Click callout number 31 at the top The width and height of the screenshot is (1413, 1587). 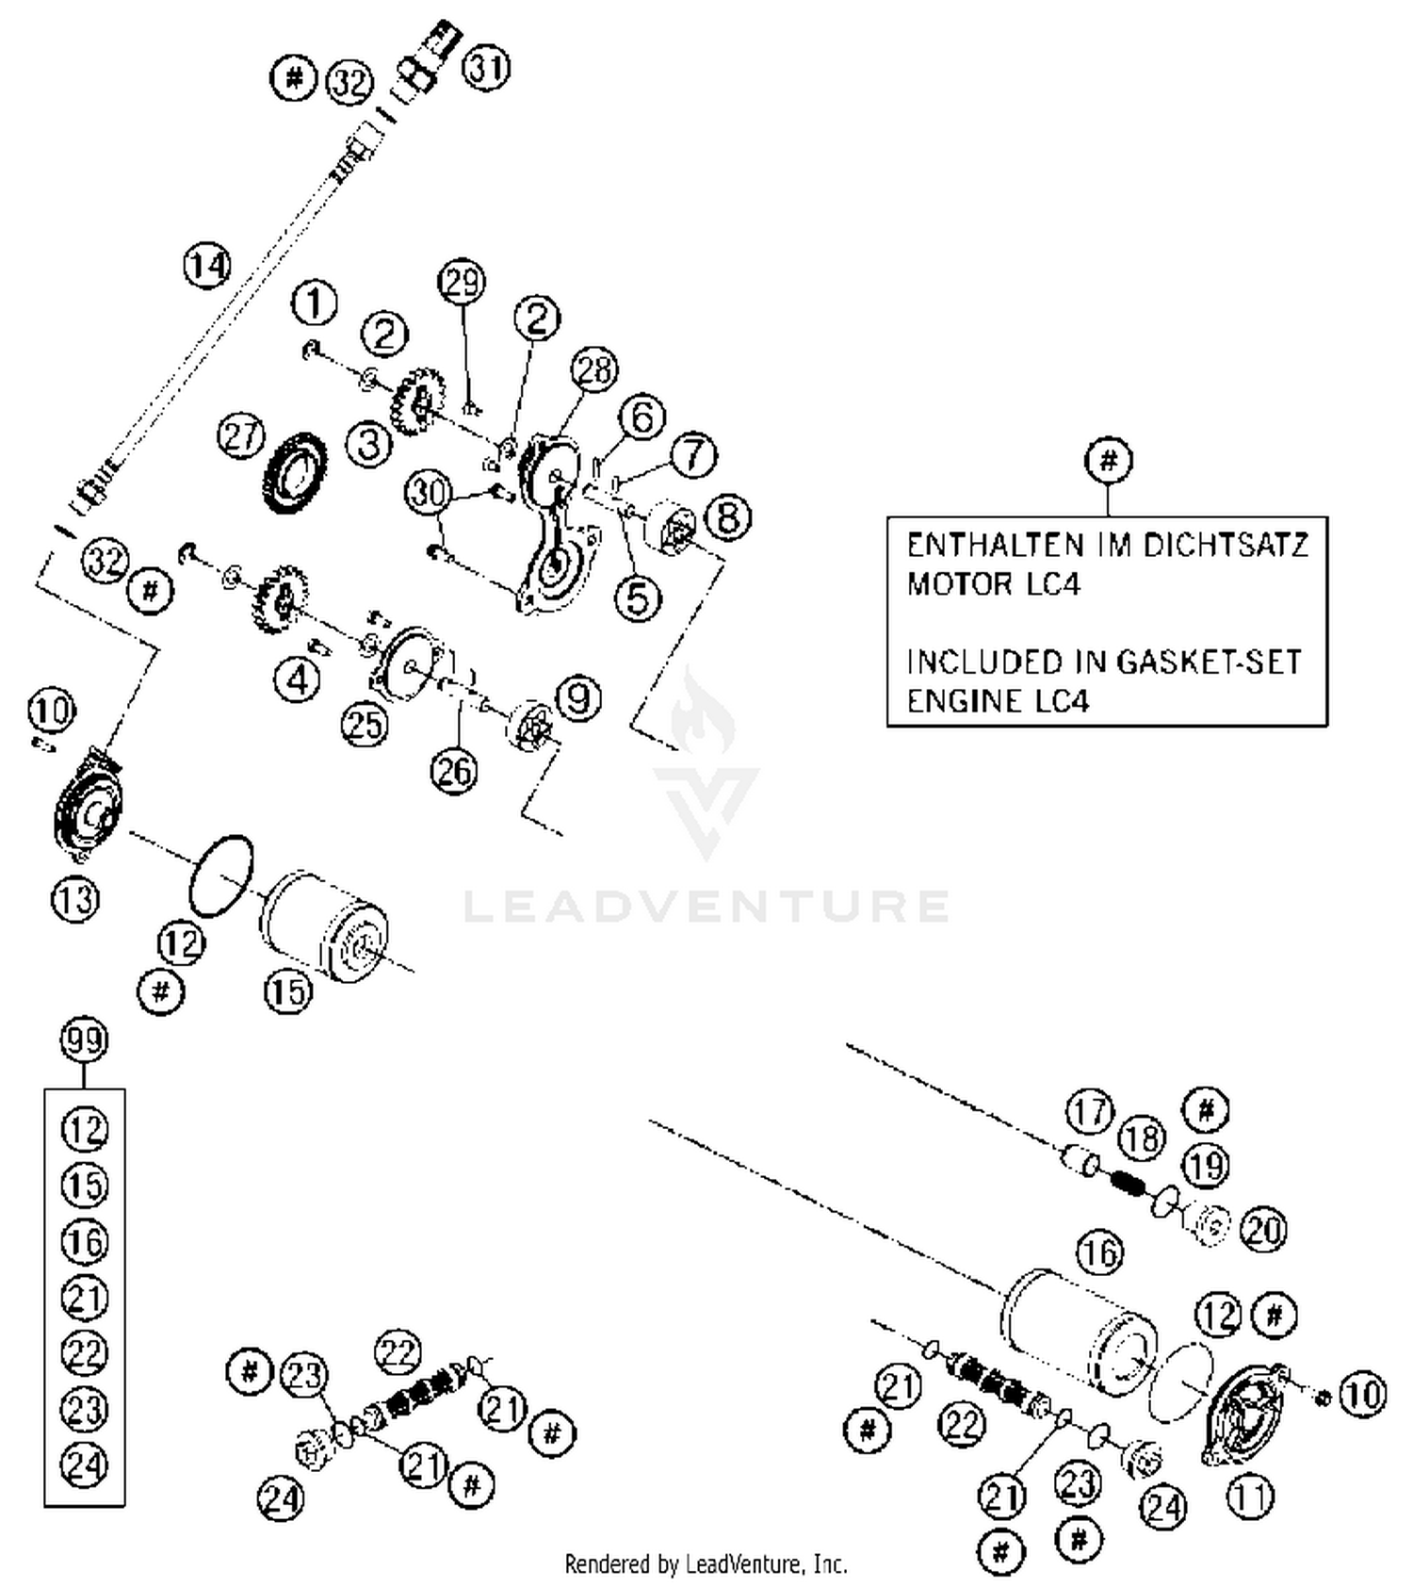click(x=487, y=69)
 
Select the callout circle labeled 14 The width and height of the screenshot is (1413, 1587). click(x=206, y=266)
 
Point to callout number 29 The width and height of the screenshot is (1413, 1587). click(x=462, y=282)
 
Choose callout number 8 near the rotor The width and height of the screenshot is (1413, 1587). click(x=728, y=516)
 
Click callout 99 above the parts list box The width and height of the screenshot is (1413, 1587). click(x=84, y=1040)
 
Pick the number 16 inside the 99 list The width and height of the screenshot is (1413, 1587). click(x=85, y=1241)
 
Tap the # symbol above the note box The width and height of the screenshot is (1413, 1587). click(x=1108, y=461)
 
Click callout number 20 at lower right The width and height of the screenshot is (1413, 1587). click(x=1263, y=1229)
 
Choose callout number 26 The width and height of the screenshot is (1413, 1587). click(x=454, y=770)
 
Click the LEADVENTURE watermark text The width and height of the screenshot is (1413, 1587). click(x=706, y=906)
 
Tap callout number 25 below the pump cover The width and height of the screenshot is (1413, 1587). click(x=365, y=724)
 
